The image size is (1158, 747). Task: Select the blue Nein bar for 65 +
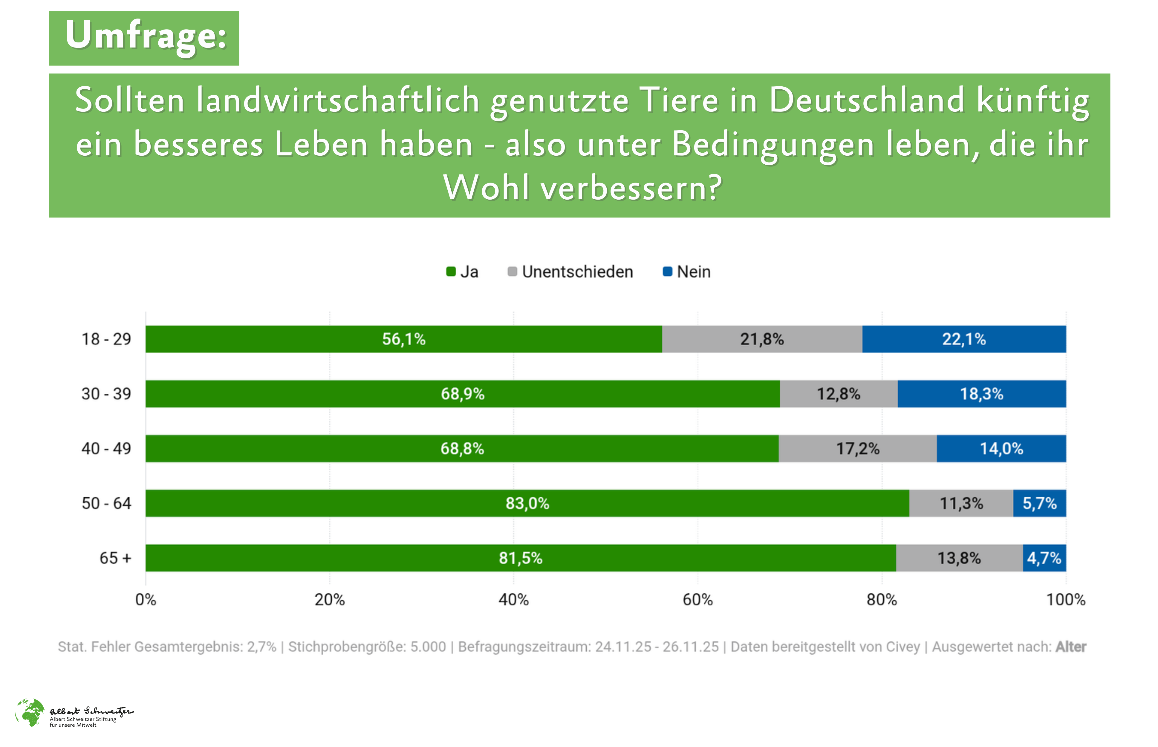click(x=1044, y=558)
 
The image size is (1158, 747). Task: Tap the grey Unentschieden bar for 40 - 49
click(x=857, y=448)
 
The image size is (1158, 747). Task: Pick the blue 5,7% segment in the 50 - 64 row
click(x=1039, y=503)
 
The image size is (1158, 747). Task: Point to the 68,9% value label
click(x=462, y=394)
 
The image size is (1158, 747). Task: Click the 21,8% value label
click(x=762, y=339)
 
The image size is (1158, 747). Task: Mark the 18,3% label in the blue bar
click(x=981, y=394)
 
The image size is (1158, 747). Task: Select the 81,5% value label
click(x=521, y=558)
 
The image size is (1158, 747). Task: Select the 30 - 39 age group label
click(x=106, y=394)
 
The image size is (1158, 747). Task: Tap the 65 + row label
click(x=115, y=558)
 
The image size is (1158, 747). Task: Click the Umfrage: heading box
click(x=144, y=38)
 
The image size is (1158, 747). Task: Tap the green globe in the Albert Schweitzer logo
click(x=30, y=712)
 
